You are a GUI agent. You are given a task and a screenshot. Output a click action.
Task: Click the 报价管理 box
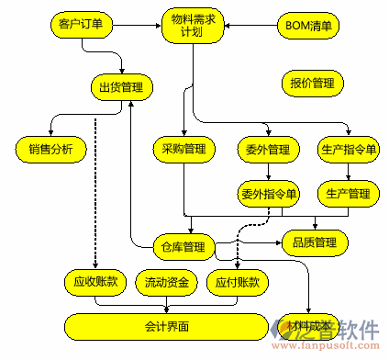(x=311, y=84)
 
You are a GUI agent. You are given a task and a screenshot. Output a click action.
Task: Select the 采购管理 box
(x=182, y=148)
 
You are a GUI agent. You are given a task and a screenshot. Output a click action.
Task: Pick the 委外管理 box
(x=268, y=148)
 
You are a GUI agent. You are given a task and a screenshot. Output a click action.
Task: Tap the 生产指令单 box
(x=348, y=148)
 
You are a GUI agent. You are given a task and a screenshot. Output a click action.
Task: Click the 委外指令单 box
(x=268, y=194)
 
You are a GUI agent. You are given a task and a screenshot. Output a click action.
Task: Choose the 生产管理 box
(x=348, y=194)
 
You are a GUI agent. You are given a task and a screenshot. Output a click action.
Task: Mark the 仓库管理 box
(x=182, y=246)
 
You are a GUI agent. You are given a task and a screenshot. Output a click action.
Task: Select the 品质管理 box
(x=315, y=243)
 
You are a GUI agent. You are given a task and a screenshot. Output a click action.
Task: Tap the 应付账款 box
(x=236, y=282)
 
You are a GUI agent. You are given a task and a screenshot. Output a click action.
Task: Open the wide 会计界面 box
(x=166, y=325)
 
